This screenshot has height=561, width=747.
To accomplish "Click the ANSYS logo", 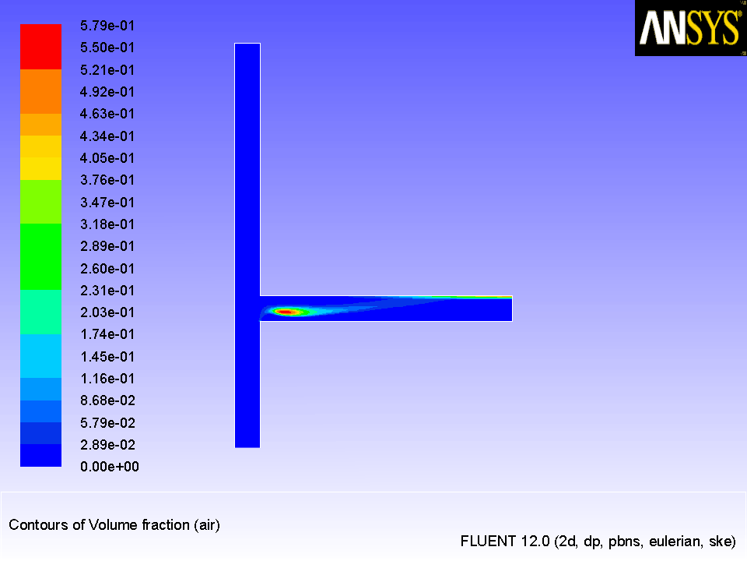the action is pos(690,28).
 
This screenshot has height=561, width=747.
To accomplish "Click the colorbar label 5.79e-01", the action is pos(107,26).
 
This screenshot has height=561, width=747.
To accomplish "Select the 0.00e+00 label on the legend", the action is pos(110,467).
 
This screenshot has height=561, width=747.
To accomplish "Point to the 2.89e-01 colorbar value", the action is pos(107,246).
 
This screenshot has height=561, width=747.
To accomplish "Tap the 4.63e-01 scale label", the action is pos(107,114).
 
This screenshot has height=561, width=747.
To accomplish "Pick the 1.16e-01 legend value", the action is pos(107,379).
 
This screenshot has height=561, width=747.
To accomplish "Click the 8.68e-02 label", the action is pos(107,400).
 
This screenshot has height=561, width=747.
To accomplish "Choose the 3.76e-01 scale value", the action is pos(107,180).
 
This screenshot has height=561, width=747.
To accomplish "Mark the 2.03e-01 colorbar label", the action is pos(107,312).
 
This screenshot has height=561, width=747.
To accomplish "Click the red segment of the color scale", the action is pos(40,47).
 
